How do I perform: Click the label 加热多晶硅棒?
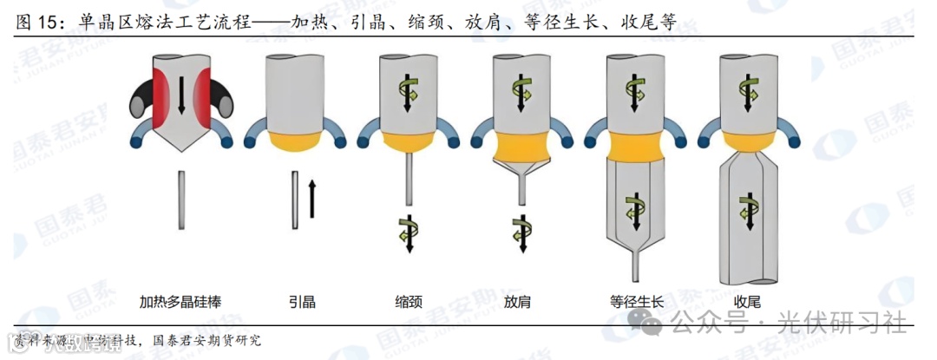click(x=181, y=302)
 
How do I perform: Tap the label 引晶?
click(x=302, y=302)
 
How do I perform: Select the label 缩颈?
click(x=408, y=302)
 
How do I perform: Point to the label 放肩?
click(x=518, y=302)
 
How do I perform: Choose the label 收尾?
click(x=747, y=302)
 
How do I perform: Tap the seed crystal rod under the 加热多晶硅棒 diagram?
click(x=180, y=200)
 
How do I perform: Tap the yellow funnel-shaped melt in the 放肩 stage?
click(x=521, y=156)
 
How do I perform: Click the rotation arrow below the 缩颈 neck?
click(x=408, y=232)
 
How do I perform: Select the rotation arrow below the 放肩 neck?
click(x=521, y=232)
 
